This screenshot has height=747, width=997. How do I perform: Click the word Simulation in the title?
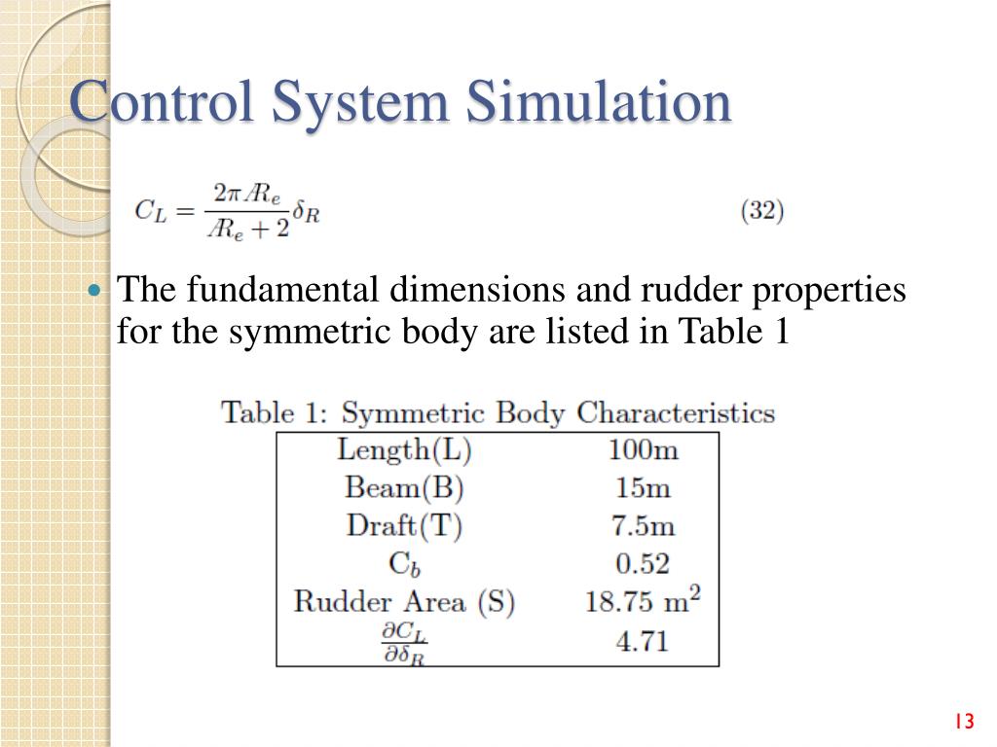pyautogui.click(x=597, y=102)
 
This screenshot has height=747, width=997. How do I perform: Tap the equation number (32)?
pyautogui.click(x=762, y=210)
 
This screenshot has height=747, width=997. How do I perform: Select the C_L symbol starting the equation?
pyautogui.click(x=151, y=210)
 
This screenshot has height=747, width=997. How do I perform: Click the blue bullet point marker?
pyautogui.click(x=94, y=291)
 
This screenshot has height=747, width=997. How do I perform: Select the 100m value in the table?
pyautogui.click(x=643, y=449)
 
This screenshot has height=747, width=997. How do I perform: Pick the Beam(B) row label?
pyautogui.click(x=404, y=486)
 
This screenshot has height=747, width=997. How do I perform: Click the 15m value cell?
pyautogui.click(x=643, y=486)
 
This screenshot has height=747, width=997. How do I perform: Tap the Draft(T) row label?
pyautogui.click(x=404, y=525)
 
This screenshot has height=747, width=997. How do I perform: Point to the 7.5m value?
pyautogui.click(x=643, y=525)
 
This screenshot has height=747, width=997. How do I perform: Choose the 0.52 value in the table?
pyautogui.click(x=643, y=563)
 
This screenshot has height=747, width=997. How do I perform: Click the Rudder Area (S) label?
pyautogui.click(x=404, y=601)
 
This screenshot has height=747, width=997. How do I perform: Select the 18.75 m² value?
pyautogui.click(x=643, y=600)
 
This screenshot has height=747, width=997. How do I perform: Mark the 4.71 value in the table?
pyautogui.click(x=643, y=641)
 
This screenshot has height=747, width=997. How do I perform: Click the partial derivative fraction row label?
pyautogui.click(x=403, y=643)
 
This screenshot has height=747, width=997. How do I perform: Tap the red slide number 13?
pyautogui.click(x=964, y=721)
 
